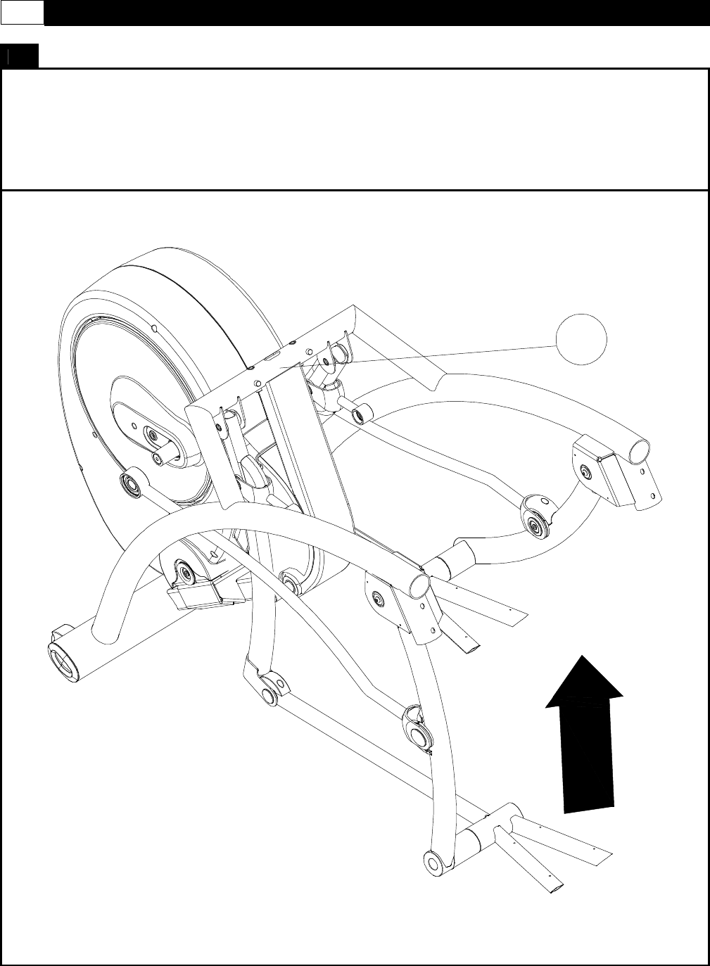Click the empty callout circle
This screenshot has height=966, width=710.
point(581,341)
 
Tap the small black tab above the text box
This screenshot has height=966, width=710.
point(19,57)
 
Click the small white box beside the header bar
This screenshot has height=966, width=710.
point(22,12)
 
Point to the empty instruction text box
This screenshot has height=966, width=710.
point(355,129)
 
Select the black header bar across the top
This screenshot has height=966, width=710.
point(376,13)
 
